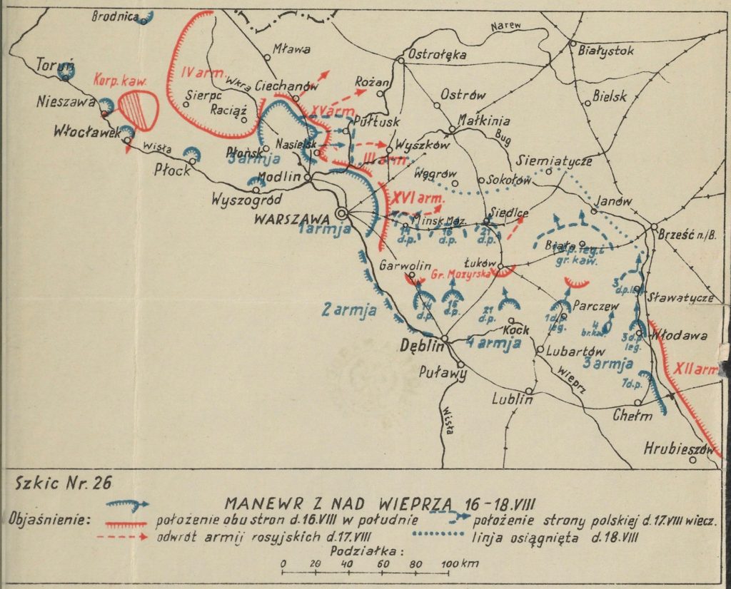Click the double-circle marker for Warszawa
pos(342,212)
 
